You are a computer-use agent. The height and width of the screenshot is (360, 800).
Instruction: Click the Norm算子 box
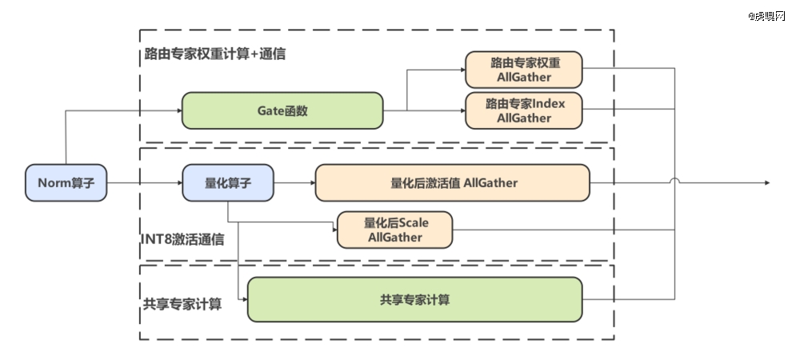(x=66, y=182)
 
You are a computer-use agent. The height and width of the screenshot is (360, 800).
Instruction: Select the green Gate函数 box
(x=282, y=110)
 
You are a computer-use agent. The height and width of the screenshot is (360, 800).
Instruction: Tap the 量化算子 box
(x=228, y=182)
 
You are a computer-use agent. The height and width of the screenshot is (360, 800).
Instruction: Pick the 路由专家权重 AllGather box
(x=523, y=70)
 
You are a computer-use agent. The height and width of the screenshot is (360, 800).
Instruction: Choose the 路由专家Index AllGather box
(x=523, y=110)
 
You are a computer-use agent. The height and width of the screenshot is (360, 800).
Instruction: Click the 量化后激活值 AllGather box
(x=453, y=182)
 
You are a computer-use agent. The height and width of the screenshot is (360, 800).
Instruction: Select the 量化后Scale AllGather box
(x=395, y=230)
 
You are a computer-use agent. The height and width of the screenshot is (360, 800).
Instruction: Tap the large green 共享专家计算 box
(x=414, y=299)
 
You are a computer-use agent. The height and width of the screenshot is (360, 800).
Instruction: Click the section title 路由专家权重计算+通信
(x=214, y=54)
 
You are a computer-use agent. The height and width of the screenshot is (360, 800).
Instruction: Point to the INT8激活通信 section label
(x=182, y=239)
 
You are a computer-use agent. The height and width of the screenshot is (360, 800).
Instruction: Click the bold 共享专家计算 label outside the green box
(x=182, y=304)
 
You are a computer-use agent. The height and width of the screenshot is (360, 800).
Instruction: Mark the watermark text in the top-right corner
(x=766, y=16)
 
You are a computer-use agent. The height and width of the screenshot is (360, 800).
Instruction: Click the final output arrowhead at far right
(x=767, y=182)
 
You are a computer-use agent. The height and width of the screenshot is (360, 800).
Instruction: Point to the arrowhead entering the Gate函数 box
(x=179, y=110)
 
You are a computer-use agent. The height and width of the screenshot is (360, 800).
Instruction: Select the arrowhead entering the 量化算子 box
(x=179, y=182)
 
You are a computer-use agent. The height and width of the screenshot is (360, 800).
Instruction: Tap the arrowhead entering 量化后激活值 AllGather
(x=313, y=182)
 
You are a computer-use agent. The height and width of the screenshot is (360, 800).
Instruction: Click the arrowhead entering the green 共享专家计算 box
(x=244, y=299)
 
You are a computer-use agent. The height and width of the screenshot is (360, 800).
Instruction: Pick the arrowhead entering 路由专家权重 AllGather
(x=462, y=70)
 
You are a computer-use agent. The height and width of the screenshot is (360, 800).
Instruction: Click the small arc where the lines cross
(x=674, y=180)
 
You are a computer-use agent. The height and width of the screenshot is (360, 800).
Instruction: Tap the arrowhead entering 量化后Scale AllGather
(x=334, y=230)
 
